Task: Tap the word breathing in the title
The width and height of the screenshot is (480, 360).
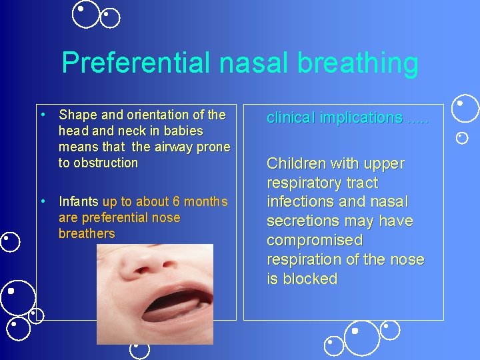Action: click(358, 63)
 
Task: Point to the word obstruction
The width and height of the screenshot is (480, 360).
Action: click(106, 163)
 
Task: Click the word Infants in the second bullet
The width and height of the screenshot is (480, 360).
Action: click(79, 201)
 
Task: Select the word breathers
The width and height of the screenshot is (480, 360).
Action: click(87, 233)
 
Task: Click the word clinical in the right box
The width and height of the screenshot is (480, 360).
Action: click(291, 118)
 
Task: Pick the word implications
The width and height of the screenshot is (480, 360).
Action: click(360, 118)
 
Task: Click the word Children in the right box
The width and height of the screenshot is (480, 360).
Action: click(295, 163)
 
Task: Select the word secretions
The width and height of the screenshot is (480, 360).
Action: click(302, 221)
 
